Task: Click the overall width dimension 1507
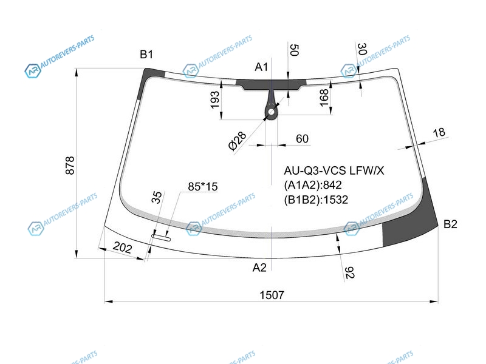(272, 295)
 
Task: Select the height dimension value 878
(70, 166)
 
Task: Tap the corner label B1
(146, 55)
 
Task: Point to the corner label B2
(450, 224)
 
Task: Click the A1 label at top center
(261, 67)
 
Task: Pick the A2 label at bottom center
(259, 268)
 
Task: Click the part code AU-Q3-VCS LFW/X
(334, 170)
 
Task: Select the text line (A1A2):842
(313, 185)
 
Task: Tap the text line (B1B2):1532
(316, 200)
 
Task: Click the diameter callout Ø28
(237, 141)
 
